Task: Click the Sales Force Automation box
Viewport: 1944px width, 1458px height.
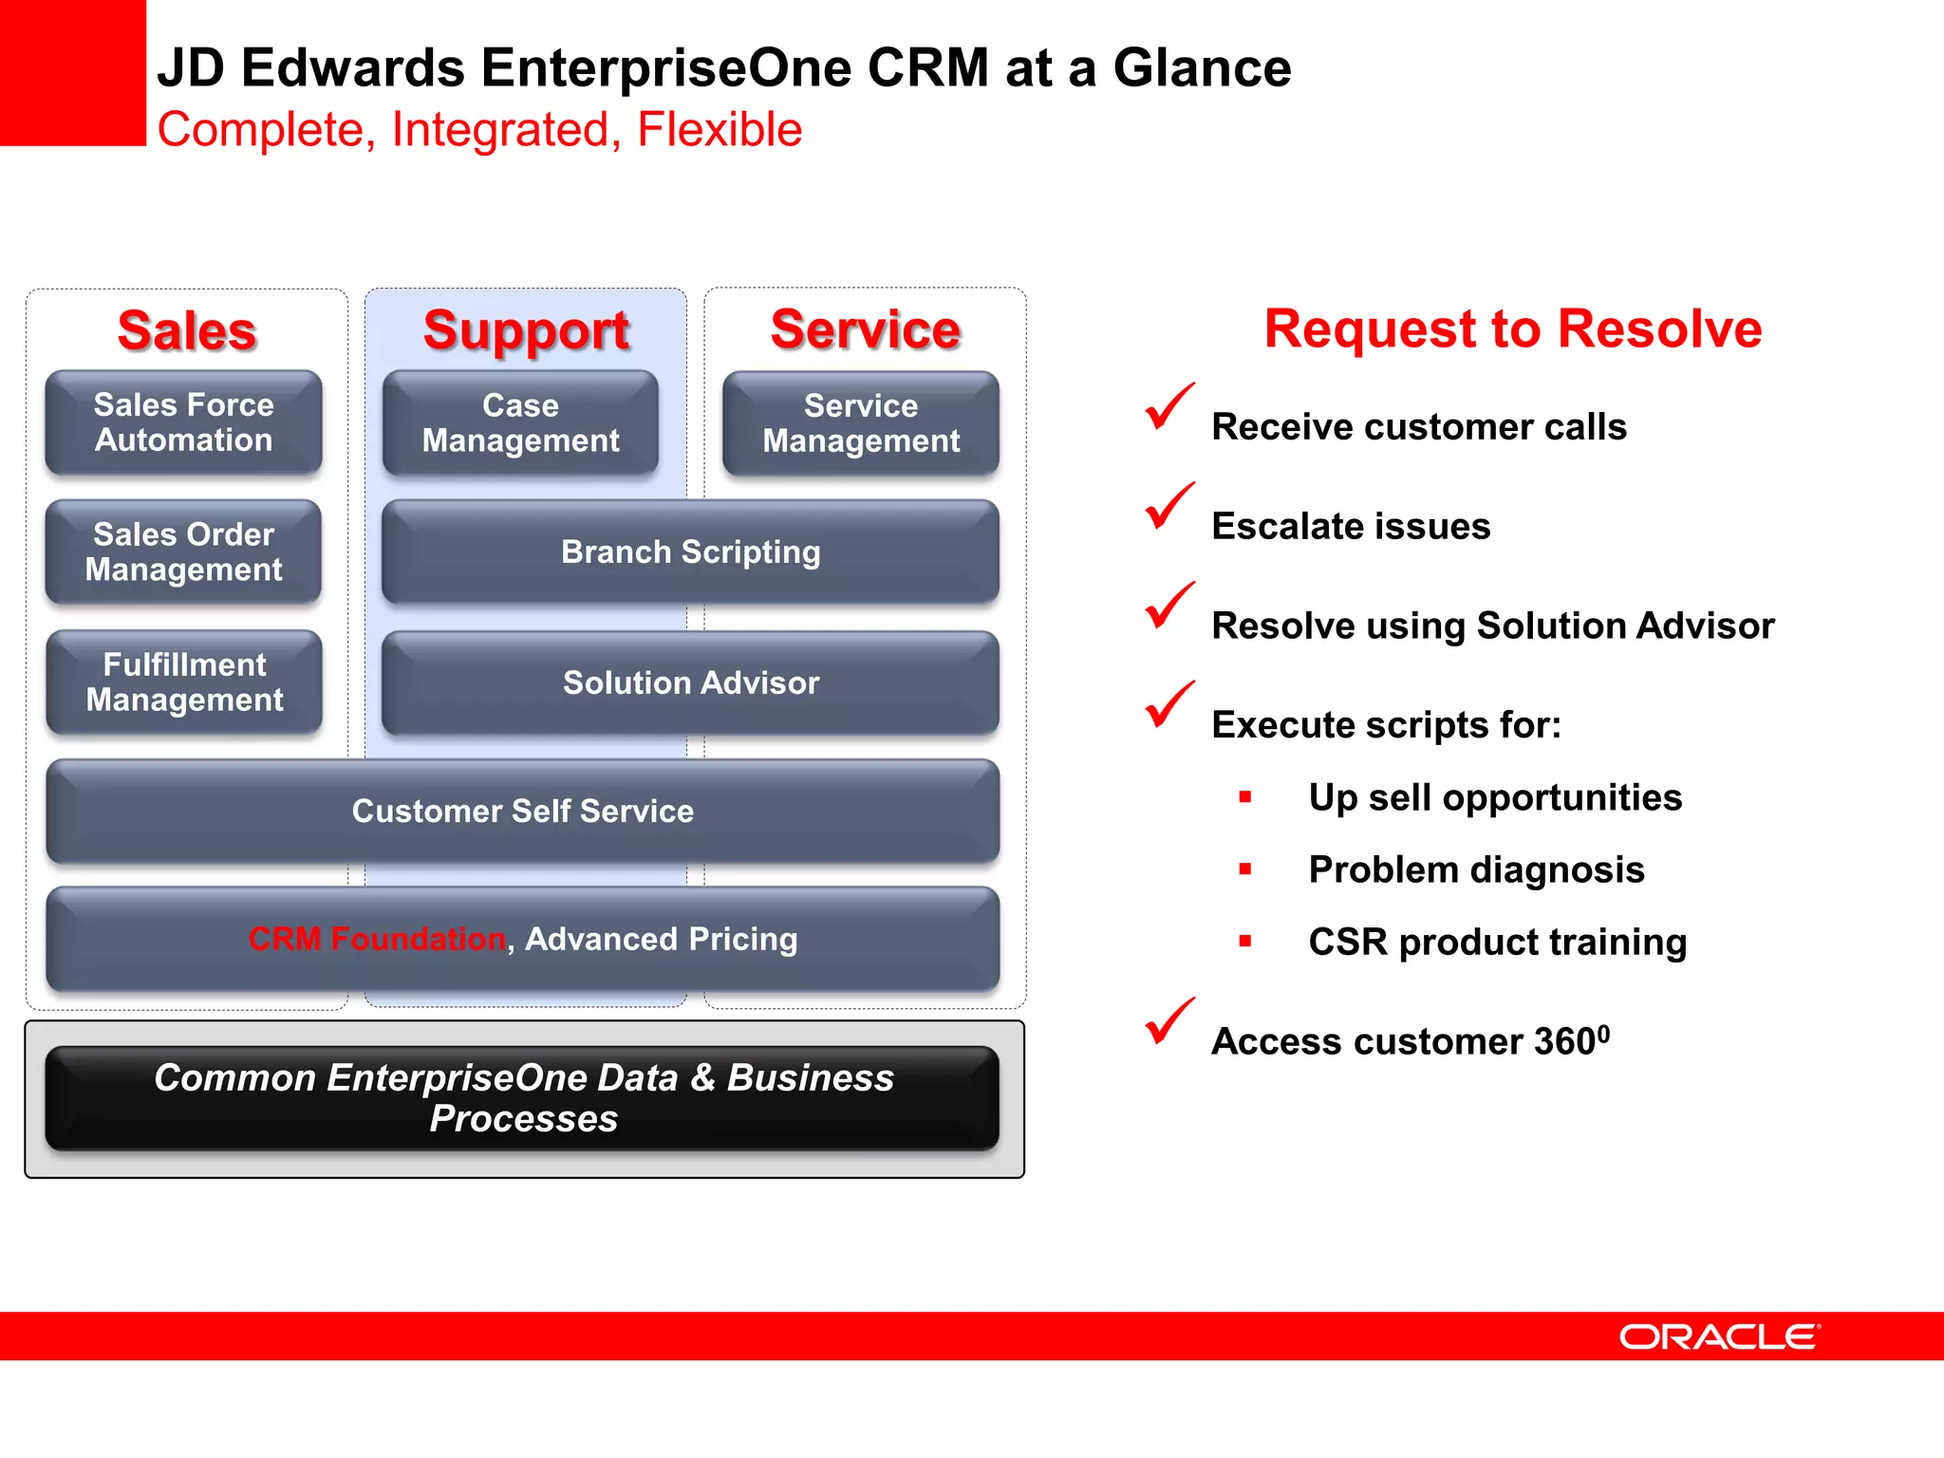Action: pyautogui.click(x=183, y=422)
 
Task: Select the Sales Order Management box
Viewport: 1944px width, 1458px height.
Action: pyautogui.click(x=183, y=551)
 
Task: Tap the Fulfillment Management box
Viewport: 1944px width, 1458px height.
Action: pyautogui.click(x=184, y=682)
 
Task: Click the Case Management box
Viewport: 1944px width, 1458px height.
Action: pyautogui.click(x=520, y=422)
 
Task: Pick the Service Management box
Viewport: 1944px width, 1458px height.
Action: pyautogui.click(x=861, y=423)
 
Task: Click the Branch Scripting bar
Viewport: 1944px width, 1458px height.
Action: pyautogui.click(x=690, y=551)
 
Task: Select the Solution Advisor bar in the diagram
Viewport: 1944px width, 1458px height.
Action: pyautogui.click(x=690, y=682)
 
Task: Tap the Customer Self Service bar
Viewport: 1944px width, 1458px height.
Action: pyautogui.click(x=522, y=811)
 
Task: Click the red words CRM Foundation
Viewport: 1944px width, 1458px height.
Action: pyautogui.click(x=377, y=939)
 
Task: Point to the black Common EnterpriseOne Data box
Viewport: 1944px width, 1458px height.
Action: pyautogui.click(x=522, y=1098)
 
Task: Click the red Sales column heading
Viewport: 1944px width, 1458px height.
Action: pyautogui.click(x=187, y=330)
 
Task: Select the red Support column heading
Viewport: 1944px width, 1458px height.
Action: pyautogui.click(x=526, y=330)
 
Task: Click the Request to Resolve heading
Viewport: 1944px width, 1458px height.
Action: pyautogui.click(x=1512, y=328)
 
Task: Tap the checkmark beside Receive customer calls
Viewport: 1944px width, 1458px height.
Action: pyautogui.click(x=1168, y=407)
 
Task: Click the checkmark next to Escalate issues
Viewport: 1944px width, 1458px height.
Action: pyautogui.click(x=1168, y=507)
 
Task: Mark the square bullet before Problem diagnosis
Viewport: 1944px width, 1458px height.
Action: pyautogui.click(x=1245, y=869)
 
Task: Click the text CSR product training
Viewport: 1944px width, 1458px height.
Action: pyautogui.click(x=1497, y=942)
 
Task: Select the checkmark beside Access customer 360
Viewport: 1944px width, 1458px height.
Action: pyautogui.click(x=1168, y=1022)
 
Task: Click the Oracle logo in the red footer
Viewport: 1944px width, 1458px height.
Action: pyautogui.click(x=1719, y=1336)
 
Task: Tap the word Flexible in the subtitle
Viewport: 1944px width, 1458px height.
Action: pyautogui.click(x=720, y=129)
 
